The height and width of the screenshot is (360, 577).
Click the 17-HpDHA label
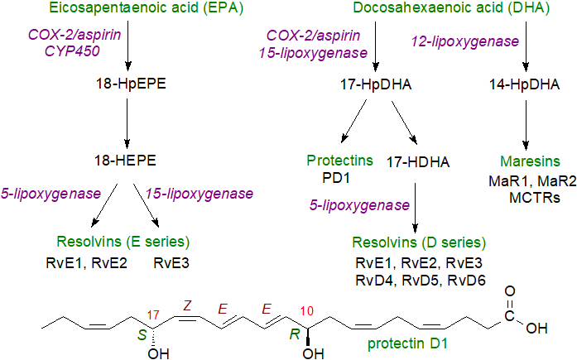(377, 84)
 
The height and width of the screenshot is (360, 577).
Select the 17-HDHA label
(418, 163)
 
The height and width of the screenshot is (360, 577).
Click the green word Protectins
(340, 160)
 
